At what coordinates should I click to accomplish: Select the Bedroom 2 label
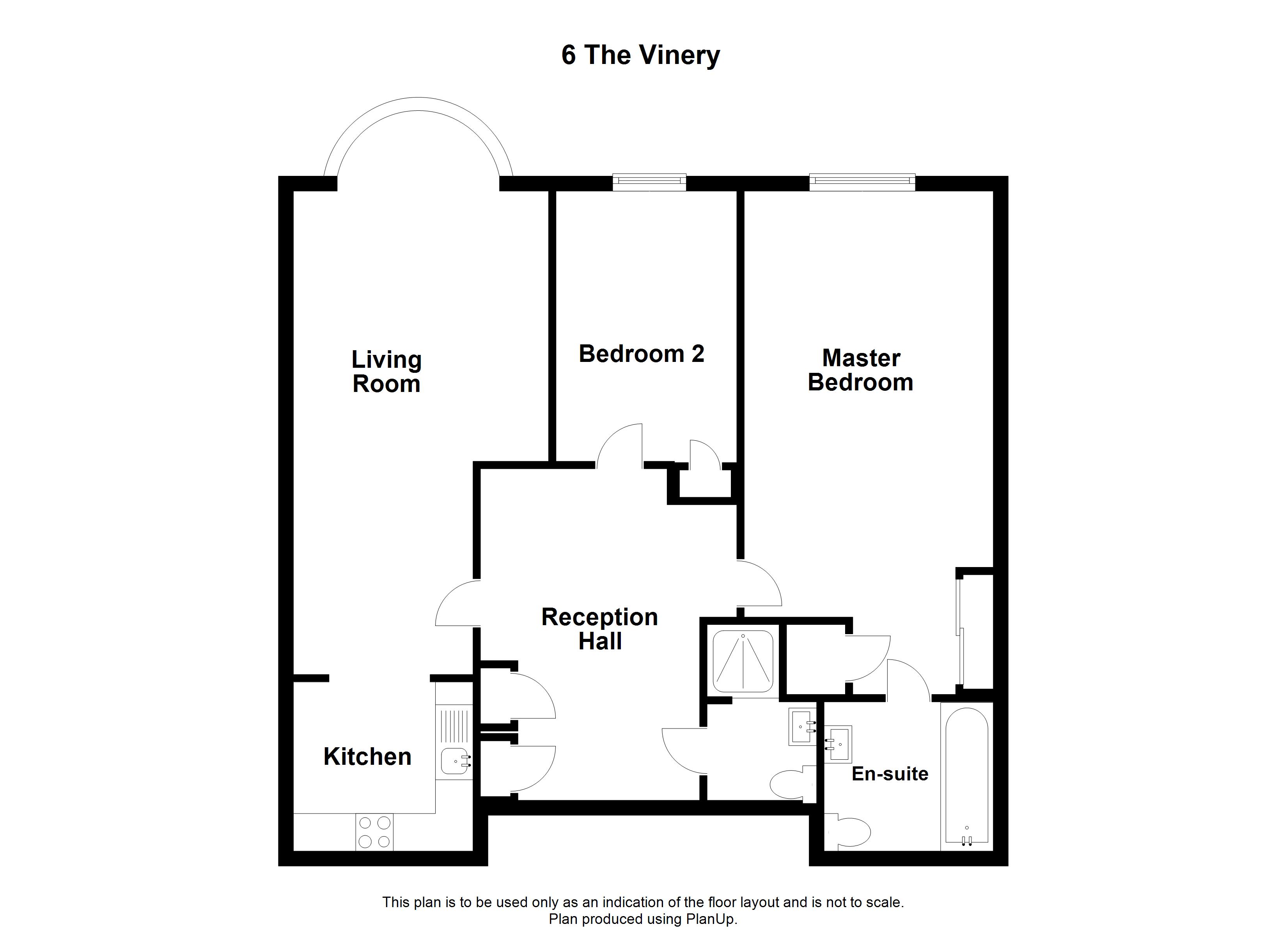tap(641, 354)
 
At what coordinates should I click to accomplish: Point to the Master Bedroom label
tap(860, 370)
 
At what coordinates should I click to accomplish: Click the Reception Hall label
tap(599, 629)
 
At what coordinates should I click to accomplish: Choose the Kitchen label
tap(367, 757)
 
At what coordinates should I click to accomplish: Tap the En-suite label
tap(889, 774)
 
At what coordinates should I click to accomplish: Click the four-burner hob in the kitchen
tap(374, 832)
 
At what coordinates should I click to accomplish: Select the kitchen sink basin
tap(454, 760)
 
